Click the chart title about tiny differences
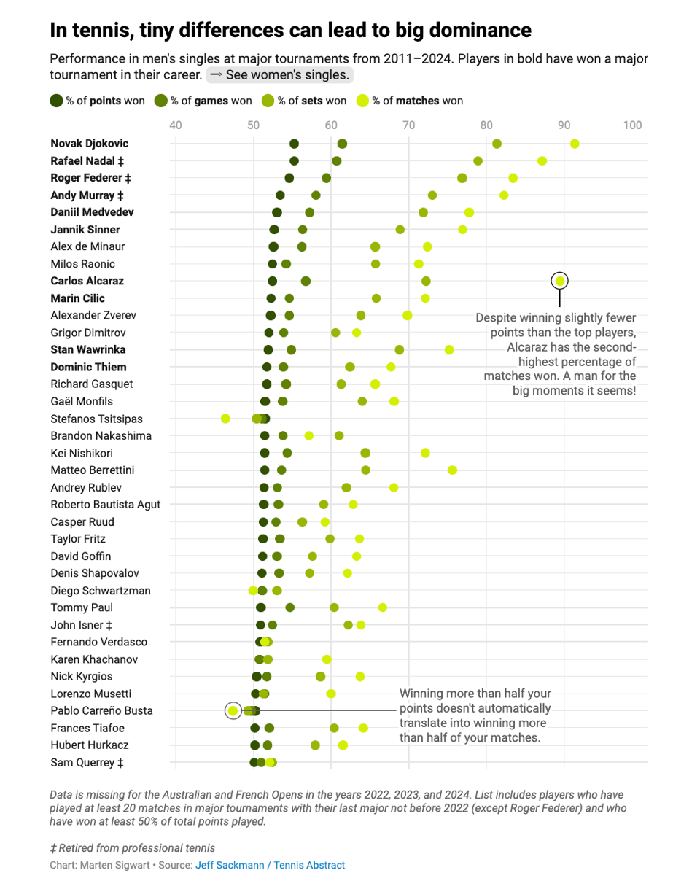click(290, 31)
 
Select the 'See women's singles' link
click(280, 75)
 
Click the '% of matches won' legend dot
click(362, 101)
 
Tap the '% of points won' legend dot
click(56, 101)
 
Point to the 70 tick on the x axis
click(409, 125)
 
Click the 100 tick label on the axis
click(631, 125)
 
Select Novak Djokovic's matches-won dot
click(575, 144)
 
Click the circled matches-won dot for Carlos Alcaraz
click(560, 281)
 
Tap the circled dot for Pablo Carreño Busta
click(233, 710)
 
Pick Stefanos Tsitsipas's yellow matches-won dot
click(225, 419)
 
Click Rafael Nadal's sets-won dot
click(478, 160)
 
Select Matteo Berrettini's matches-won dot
click(452, 470)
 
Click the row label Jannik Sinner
click(85, 230)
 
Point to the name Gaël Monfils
click(82, 401)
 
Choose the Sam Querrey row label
click(87, 762)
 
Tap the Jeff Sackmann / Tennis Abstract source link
click(270, 865)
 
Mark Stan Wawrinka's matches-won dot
click(448, 350)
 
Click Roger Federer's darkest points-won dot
click(289, 178)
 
